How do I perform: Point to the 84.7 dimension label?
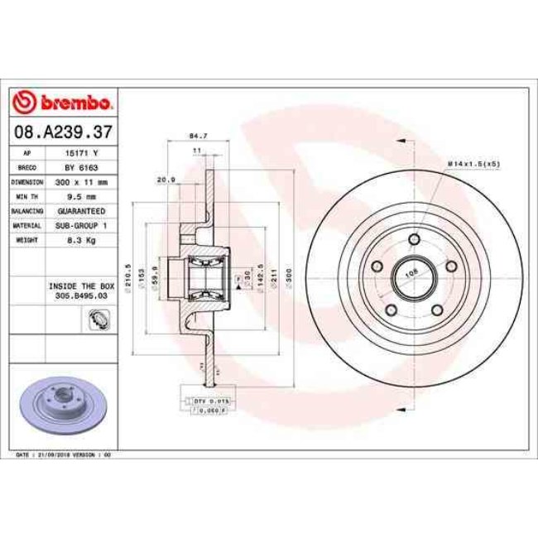[198, 134]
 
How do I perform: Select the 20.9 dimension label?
[166, 179]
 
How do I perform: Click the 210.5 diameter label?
[128, 273]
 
